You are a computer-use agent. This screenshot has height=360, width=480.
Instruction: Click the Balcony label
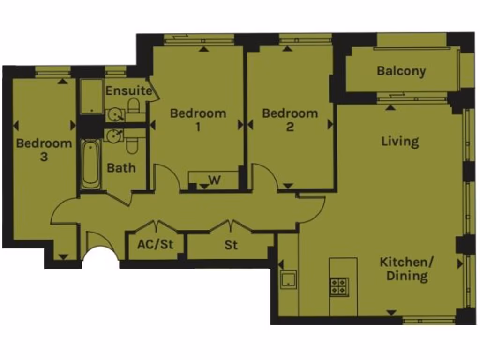pos(401,72)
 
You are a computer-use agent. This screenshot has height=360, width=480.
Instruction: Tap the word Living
pos(399,142)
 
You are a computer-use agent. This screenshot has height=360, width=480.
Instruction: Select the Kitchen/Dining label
pos(406,269)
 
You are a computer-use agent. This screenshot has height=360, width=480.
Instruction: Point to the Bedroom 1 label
pos(198,120)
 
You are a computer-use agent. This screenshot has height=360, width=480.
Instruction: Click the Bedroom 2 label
pos(290,120)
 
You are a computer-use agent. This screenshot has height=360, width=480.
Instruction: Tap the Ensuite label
pos(128,90)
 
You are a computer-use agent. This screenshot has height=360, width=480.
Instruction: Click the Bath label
pos(121,168)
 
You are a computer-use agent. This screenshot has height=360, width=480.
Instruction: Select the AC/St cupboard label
pos(155,245)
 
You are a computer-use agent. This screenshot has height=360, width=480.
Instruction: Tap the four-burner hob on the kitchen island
pos(339,286)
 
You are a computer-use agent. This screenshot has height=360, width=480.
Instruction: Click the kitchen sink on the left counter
pos(288,280)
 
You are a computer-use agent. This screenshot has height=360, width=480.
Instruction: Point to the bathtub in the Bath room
pos(90,164)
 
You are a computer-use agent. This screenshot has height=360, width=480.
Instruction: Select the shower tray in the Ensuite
pos(91,96)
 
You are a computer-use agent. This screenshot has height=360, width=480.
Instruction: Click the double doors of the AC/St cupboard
pos(155,227)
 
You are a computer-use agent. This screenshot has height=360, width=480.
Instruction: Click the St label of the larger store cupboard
pos(231,245)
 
